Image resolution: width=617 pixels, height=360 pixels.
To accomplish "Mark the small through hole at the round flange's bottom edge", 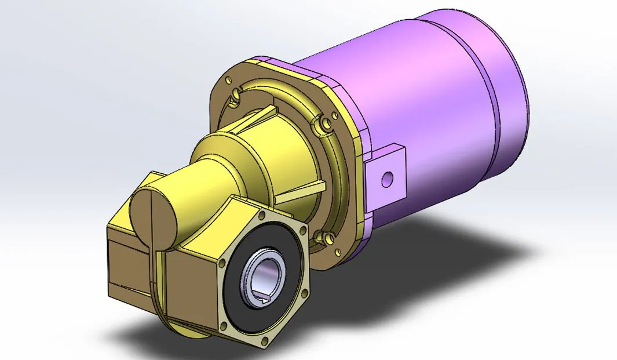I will point(336,252).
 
